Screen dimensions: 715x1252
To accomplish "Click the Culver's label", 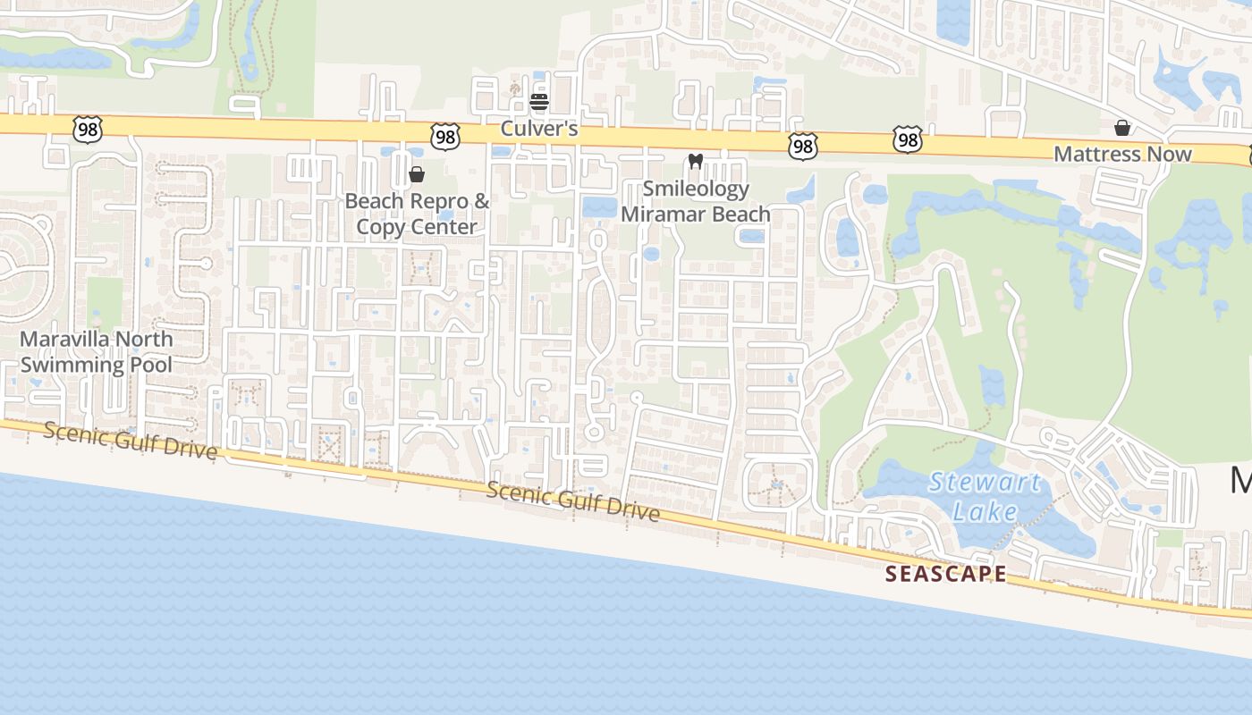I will pyautogui.click(x=538, y=129).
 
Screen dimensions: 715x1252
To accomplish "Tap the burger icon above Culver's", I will pyautogui.click(x=538, y=103).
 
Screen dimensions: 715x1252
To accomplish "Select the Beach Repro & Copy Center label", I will pyautogui.click(x=417, y=214).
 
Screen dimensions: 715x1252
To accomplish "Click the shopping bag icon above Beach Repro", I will pyautogui.click(x=416, y=173).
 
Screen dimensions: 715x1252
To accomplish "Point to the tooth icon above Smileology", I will pyautogui.click(x=695, y=162).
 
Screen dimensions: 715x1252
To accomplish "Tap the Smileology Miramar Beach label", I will pyautogui.click(x=696, y=201).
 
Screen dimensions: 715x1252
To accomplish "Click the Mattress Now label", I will pyautogui.click(x=1122, y=154).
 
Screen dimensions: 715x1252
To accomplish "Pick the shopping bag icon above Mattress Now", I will pyautogui.click(x=1121, y=128).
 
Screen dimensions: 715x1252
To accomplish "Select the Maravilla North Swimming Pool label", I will pyautogui.click(x=97, y=351).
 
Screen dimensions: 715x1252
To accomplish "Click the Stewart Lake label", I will pyautogui.click(x=985, y=497).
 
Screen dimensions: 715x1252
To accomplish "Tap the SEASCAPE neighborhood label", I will pyautogui.click(x=946, y=574).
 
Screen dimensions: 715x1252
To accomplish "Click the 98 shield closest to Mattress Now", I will pyautogui.click(x=907, y=139).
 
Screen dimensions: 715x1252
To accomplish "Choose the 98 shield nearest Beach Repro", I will pyautogui.click(x=444, y=137).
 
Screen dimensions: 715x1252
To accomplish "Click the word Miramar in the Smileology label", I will pyautogui.click(x=665, y=214).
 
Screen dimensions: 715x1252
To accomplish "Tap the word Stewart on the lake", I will pyautogui.click(x=985, y=484).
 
